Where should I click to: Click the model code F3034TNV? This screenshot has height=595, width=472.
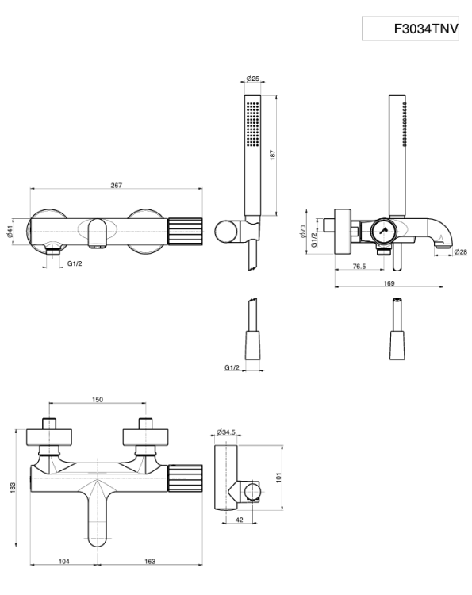(426, 29)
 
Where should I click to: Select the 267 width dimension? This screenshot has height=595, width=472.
(117, 185)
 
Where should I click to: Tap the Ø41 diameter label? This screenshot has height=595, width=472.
(10, 231)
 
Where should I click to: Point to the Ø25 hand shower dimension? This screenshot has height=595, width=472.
(253, 79)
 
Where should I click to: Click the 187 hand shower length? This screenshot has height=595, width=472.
(272, 155)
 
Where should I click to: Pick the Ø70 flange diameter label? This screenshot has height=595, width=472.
(303, 231)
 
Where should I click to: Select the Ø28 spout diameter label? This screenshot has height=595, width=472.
(461, 251)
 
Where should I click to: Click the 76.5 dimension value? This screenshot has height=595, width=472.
(359, 267)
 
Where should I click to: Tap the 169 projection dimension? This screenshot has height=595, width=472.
(389, 283)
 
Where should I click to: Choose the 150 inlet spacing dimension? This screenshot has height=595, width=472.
(98, 400)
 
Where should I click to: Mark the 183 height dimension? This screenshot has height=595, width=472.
(13, 488)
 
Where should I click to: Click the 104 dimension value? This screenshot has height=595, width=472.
(63, 561)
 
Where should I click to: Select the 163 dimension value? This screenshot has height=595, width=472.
(150, 561)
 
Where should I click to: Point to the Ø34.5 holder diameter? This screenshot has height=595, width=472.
(226, 432)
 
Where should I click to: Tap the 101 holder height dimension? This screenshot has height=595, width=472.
(278, 477)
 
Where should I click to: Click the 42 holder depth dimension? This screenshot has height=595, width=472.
(240, 520)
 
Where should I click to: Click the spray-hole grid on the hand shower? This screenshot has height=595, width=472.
(252, 123)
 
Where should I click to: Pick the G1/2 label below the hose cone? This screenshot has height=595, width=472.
(232, 367)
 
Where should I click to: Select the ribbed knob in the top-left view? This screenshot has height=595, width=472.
(185, 232)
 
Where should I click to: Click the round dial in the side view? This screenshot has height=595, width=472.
(383, 232)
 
